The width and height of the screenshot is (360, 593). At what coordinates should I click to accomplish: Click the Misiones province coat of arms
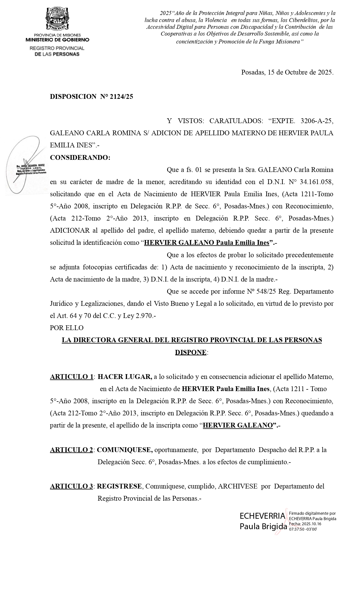coord(57,19)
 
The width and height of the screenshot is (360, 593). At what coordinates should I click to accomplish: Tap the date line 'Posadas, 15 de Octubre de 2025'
coord(287,72)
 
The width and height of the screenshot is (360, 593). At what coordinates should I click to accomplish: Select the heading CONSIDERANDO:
coord(80,158)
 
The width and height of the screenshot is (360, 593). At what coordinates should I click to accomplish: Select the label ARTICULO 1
coord(71,377)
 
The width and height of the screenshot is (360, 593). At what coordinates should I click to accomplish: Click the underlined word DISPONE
coord(191,352)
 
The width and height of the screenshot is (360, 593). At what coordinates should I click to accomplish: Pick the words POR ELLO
coord(67,328)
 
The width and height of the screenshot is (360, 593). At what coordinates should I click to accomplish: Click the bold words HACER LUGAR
coord(125,377)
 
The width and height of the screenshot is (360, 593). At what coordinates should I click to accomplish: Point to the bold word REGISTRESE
coord(120,486)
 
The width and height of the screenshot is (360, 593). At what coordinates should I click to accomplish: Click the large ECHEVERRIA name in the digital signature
coord(262,516)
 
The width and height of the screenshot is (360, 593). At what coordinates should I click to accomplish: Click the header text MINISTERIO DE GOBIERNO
coord(57,40)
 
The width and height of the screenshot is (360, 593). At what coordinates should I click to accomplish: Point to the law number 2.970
coord(143,316)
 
